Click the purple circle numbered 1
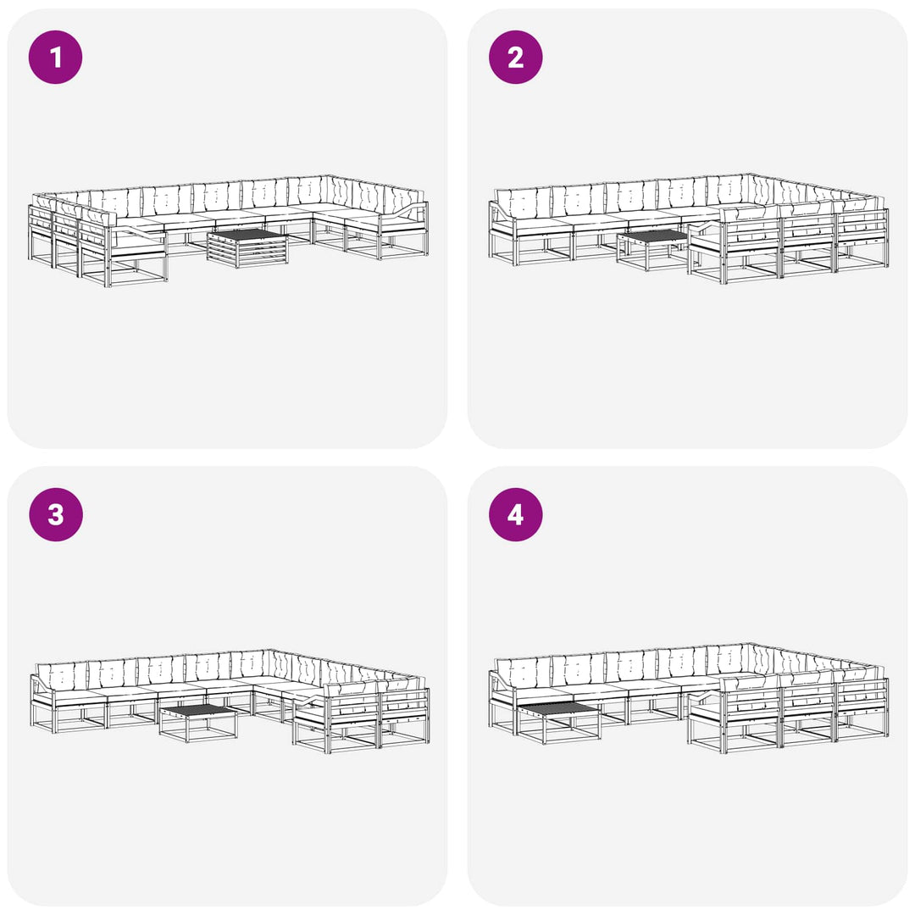[55, 58]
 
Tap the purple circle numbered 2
[515, 58]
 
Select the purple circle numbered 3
[55, 515]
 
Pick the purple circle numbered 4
[515, 515]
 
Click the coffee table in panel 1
[248, 248]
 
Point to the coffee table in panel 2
[653, 250]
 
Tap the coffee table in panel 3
[198, 723]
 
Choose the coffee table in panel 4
[558, 723]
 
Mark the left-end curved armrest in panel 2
[501, 213]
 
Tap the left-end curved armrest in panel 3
[42, 686]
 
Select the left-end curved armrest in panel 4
[501, 683]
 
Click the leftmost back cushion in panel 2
[524, 202]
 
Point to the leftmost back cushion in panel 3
[62, 676]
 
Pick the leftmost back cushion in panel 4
[524, 672]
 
